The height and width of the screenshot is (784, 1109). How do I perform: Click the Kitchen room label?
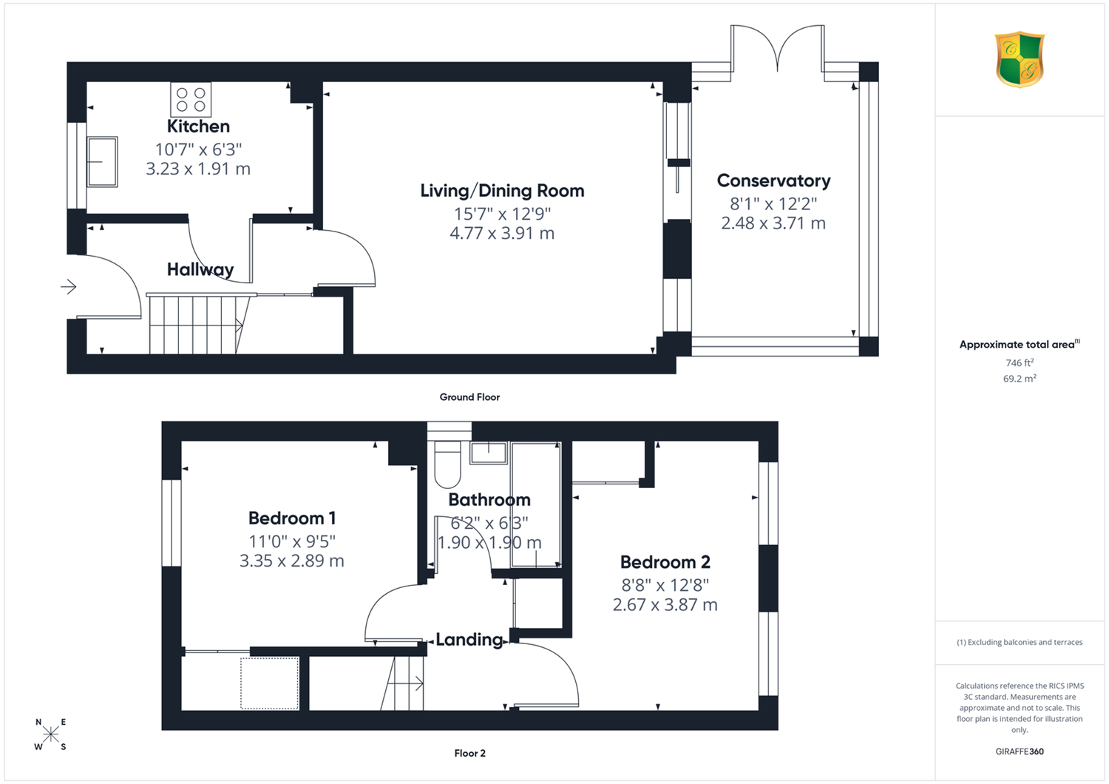click(198, 126)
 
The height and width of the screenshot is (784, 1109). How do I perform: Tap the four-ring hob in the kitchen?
click(191, 100)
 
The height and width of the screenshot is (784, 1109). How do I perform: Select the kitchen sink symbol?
click(102, 161)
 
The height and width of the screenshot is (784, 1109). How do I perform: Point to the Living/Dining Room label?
click(502, 191)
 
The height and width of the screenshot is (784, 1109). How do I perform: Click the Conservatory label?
click(773, 181)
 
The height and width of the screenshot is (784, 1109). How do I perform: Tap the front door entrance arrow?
click(68, 286)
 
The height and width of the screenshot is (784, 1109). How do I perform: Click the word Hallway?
click(200, 270)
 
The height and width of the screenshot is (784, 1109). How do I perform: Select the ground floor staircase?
click(198, 325)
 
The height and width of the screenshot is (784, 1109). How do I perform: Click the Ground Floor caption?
click(469, 397)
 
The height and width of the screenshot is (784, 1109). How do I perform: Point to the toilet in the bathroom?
click(447, 464)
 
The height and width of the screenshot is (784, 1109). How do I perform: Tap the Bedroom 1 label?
click(292, 518)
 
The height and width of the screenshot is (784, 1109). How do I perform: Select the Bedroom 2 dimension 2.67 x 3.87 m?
click(665, 605)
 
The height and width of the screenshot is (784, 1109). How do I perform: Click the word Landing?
click(469, 640)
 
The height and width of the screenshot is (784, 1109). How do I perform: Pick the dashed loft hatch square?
click(270, 683)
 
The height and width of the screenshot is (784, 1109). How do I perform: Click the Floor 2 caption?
click(469, 753)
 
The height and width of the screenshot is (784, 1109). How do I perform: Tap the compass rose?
click(50, 734)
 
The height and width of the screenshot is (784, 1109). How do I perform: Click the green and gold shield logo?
click(1020, 60)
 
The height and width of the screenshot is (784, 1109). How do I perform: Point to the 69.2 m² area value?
click(1020, 379)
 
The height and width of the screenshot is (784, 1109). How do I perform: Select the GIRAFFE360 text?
click(1020, 751)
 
